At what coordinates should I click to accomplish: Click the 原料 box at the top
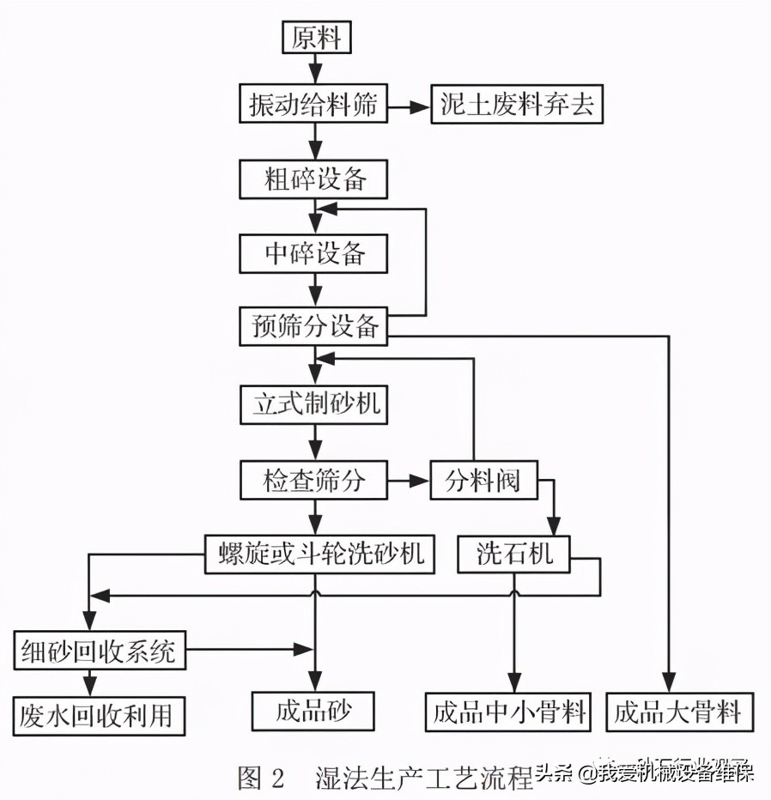point(317,38)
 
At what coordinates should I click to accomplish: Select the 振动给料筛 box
point(313,106)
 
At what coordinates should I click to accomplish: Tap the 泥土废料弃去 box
point(518,106)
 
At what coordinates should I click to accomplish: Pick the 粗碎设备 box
point(314,180)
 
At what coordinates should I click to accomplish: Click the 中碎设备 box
point(314,253)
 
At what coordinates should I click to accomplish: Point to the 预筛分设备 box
point(314,326)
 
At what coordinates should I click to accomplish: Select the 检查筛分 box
point(314,481)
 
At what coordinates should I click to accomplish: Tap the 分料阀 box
point(483,481)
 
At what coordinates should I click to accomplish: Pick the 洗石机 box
point(514,555)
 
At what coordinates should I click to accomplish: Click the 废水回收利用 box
point(100,714)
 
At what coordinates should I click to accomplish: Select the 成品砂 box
point(314,712)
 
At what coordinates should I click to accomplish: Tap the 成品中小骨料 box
point(509,712)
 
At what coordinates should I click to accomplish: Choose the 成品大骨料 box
point(677,712)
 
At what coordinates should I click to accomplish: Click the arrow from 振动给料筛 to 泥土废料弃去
point(408,107)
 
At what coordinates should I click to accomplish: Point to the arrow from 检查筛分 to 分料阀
point(409,481)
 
